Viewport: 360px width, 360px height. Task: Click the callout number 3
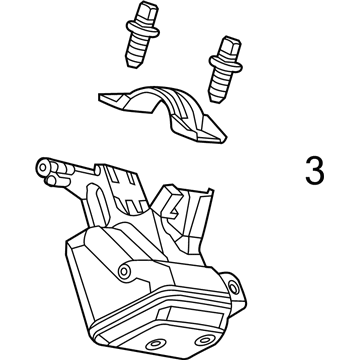(315, 172)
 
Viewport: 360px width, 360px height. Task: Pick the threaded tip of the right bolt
(223, 87)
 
